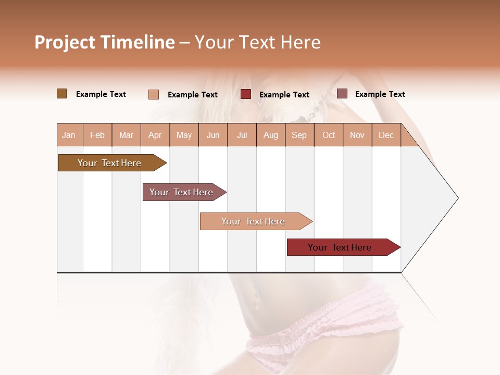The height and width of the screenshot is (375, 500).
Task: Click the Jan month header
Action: [69, 135]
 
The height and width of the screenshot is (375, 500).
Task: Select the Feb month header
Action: [97, 135]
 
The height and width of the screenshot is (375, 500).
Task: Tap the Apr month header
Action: [155, 135]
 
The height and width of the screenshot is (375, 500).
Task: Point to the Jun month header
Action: [213, 135]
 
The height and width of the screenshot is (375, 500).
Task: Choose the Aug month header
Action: [271, 135]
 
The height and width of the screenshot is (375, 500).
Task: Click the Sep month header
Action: [299, 135]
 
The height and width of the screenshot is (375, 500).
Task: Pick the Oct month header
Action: [329, 135]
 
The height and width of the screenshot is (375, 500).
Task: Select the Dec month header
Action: [386, 135]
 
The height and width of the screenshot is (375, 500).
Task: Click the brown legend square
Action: [62, 94]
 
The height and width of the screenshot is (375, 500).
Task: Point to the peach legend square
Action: [154, 94]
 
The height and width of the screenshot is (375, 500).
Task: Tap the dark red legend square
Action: [246, 94]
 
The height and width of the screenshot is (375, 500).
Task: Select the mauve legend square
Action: [342, 94]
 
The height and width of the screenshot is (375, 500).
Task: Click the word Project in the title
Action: [64, 43]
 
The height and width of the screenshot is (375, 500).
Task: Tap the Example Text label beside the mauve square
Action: [380, 94]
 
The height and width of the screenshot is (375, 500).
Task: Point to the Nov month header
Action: [357, 135]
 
